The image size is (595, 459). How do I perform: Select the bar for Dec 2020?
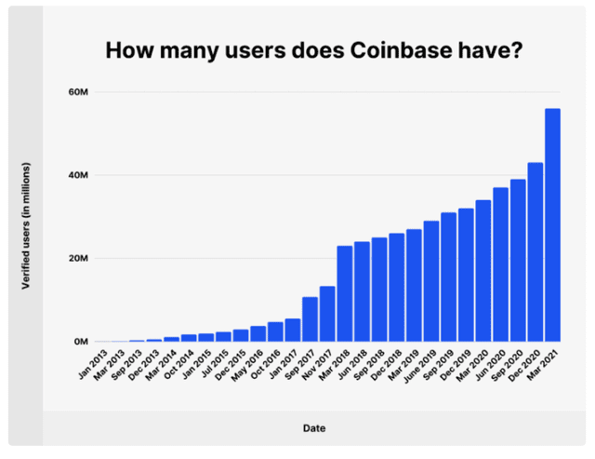(535, 252)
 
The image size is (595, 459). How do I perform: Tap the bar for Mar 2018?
(345, 293)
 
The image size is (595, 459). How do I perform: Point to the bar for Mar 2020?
(483, 271)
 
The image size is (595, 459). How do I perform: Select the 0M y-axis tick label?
(79, 342)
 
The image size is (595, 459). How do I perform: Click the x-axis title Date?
(313, 428)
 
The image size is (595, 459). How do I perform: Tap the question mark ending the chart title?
(516, 49)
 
